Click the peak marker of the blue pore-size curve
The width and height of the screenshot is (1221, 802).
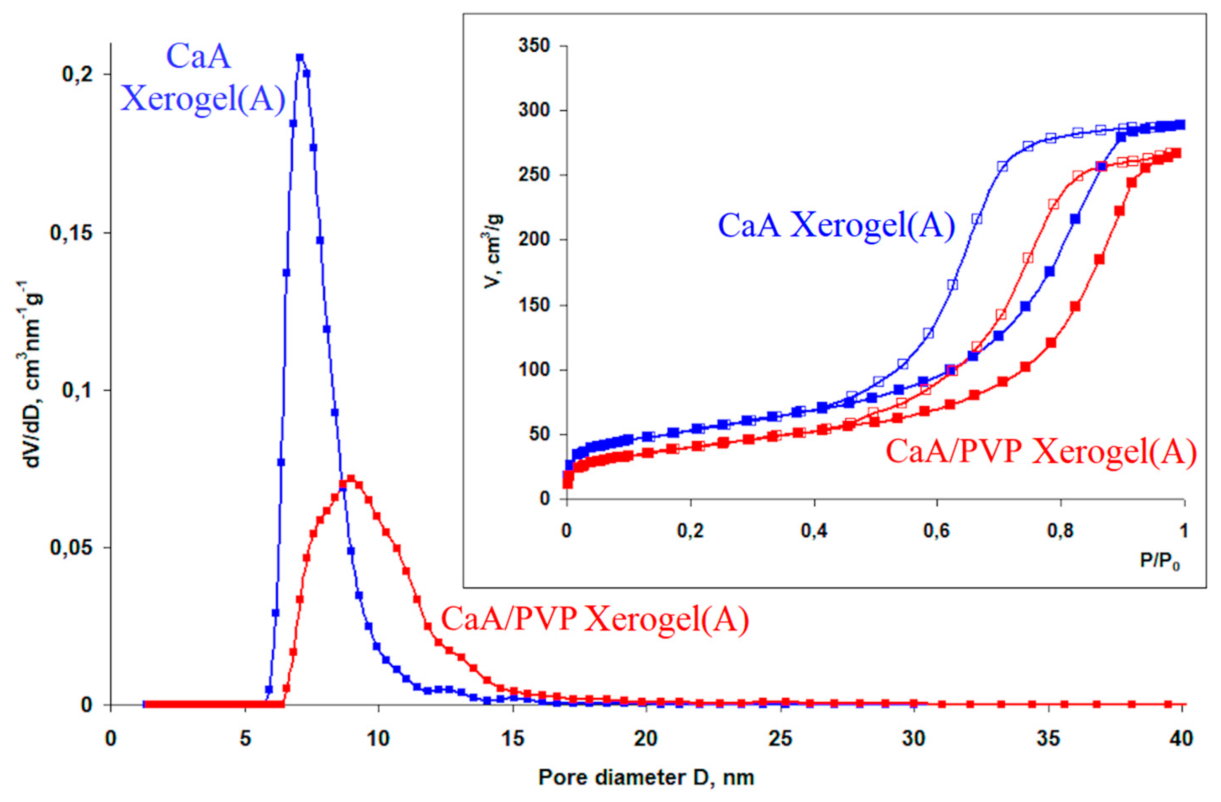pyautogui.click(x=300, y=58)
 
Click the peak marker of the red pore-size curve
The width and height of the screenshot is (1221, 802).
pyautogui.click(x=351, y=479)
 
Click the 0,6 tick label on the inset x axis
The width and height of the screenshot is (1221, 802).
pyautogui.click(x=937, y=531)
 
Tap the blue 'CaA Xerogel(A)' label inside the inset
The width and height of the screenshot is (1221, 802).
pyautogui.click(x=836, y=225)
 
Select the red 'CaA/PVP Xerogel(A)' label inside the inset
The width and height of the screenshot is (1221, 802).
pyautogui.click(x=1041, y=452)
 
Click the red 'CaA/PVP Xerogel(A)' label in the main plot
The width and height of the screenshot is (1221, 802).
pyautogui.click(x=595, y=619)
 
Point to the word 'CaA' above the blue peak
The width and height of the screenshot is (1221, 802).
pyautogui.click(x=199, y=56)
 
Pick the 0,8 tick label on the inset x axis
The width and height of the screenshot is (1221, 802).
pyautogui.click(x=1060, y=531)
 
